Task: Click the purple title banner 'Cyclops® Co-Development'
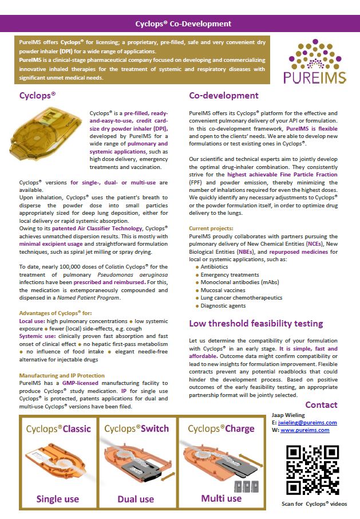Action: (183, 24)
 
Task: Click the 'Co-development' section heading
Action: (224, 96)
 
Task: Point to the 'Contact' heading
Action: (321, 405)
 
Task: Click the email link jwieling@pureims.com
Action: (308, 423)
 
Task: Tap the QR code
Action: (308, 469)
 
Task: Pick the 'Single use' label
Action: (58, 499)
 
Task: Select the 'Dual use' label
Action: (136, 499)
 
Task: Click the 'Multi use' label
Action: (221, 498)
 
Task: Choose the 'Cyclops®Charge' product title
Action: (221, 428)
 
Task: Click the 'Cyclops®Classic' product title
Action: (57, 428)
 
